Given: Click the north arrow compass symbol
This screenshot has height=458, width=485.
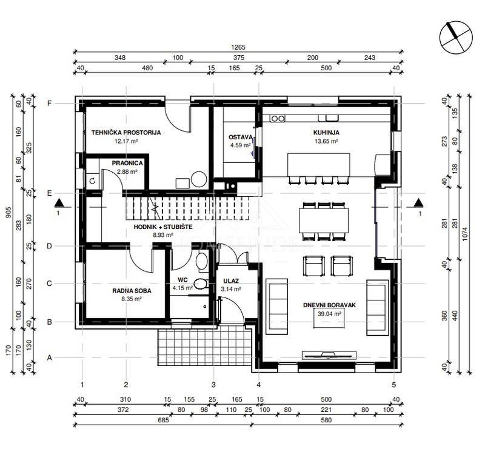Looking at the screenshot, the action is pos(456,38).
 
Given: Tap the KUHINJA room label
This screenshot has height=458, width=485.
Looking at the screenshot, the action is pos(326,133).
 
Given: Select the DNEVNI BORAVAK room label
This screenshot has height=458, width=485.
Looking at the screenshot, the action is pos(329,305).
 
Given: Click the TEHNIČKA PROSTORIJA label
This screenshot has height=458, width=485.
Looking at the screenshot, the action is pos(126,133).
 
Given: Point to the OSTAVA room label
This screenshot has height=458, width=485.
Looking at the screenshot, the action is pos(240,137).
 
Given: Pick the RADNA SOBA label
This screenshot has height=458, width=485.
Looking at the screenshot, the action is pos(132,291).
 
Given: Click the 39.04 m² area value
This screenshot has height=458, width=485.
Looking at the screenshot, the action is pos(329,314).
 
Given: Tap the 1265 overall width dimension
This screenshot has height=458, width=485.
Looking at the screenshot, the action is pos(238,47).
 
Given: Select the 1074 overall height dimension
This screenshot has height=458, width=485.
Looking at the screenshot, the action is pos(466,234).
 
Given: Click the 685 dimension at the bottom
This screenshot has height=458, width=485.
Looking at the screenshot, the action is pos(163,420).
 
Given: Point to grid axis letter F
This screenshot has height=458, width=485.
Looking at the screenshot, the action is pos(49,103).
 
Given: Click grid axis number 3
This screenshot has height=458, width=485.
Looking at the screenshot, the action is pos(213,385).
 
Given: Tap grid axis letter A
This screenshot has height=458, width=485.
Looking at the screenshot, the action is pos(49,357).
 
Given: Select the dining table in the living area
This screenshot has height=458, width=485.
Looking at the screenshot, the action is pos(324,221).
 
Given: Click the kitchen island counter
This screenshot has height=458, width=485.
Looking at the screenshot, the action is pos(319,165).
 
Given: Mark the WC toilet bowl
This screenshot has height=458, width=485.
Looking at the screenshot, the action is pos(201,284).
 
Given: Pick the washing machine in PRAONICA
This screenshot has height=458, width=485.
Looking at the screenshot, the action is pos(93,181).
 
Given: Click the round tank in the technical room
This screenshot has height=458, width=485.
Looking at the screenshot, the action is pos(199,179).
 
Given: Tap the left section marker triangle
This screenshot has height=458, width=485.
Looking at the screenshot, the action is pos(59,203).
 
